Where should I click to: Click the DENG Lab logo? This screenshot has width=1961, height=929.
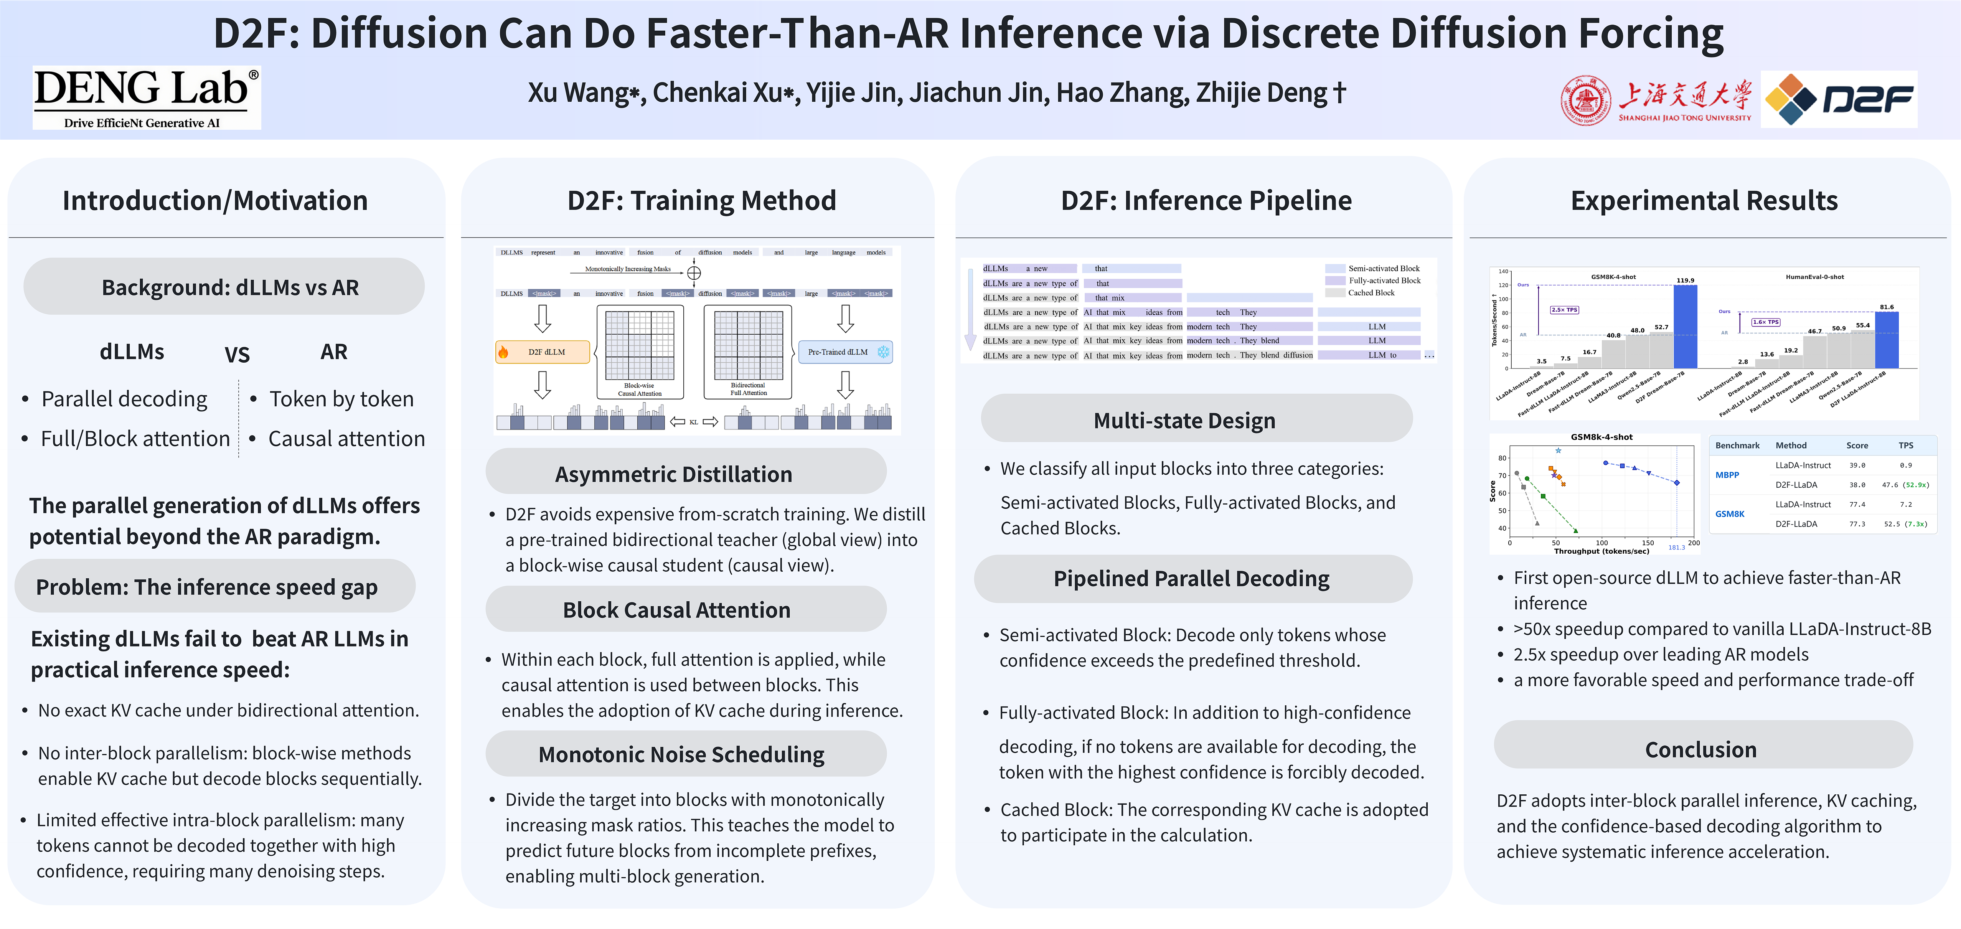click(x=146, y=97)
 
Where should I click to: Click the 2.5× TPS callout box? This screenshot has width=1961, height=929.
click(x=1564, y=310)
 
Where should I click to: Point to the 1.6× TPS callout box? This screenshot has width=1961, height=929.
click(x=1765, y=322)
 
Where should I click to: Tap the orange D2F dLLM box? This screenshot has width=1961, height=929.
click(x=543, y=352)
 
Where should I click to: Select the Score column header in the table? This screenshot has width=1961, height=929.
click(x=1857, y=446)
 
